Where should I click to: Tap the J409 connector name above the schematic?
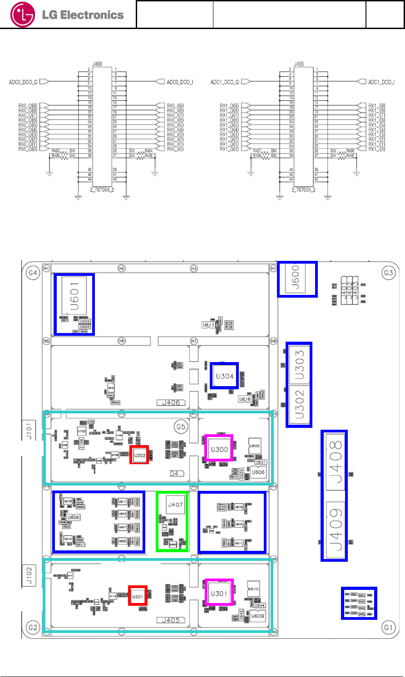coord(298,64)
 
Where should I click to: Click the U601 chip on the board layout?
coord(74,297)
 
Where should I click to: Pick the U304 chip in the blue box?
coord(224,376)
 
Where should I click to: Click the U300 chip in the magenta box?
coord(219,449)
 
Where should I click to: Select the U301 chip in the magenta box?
coord(219,594)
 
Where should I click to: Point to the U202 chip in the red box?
coord(139,455)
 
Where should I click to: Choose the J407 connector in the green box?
coord(175,505)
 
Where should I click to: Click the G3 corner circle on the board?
coord(389,273)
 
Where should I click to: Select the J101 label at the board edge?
coord(29,428)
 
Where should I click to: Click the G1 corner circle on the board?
coord(388,628)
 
